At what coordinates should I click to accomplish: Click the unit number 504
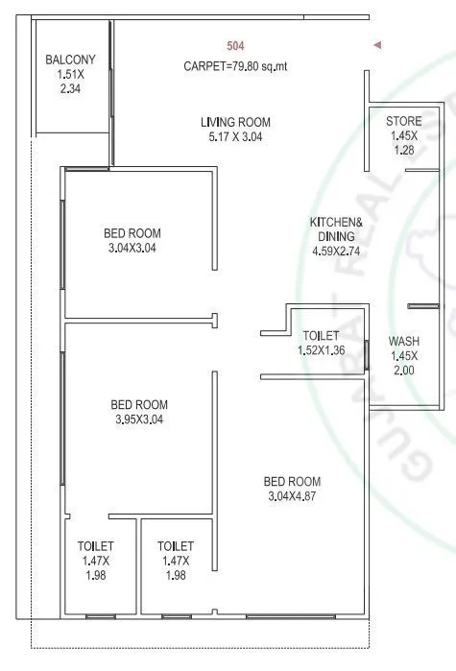pyautogui.click(x=235, y=46)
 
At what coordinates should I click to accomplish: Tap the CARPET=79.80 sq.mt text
pyautogui.click(x=235, y=66)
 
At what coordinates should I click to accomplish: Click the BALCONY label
pyautogui.click(x=70, y=60)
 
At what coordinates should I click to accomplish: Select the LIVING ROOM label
pyautogui.click(x=235, y=122)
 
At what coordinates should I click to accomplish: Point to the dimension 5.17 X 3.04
pyautogui.click(x=235, y=137)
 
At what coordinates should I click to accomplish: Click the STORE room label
pyautogui.click(x=403, y=122)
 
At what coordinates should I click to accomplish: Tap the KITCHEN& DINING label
pyautogui.click(x=333, y=228)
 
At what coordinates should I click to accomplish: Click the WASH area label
pyautogui.click(x=403, y=342)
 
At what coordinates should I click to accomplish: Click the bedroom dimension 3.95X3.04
pyautogui.click(x=139, y=419)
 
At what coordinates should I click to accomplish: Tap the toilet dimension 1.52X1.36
pyautogui.click(x=321, y=351)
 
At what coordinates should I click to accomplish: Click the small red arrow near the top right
pyautogui.click(x=378, y=45)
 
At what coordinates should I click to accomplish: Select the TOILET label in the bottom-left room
pyautogui.click(x=95, y=546)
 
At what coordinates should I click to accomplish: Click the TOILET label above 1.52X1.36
pyautogui.click(x=321, y=336)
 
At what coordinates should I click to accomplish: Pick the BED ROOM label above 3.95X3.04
pyautogui.click(x=139, y=404)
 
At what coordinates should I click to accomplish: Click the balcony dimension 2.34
pyautogui.click(x=70, y=89)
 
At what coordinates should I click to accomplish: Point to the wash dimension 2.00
pyautogui.click(x=403, y=370)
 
